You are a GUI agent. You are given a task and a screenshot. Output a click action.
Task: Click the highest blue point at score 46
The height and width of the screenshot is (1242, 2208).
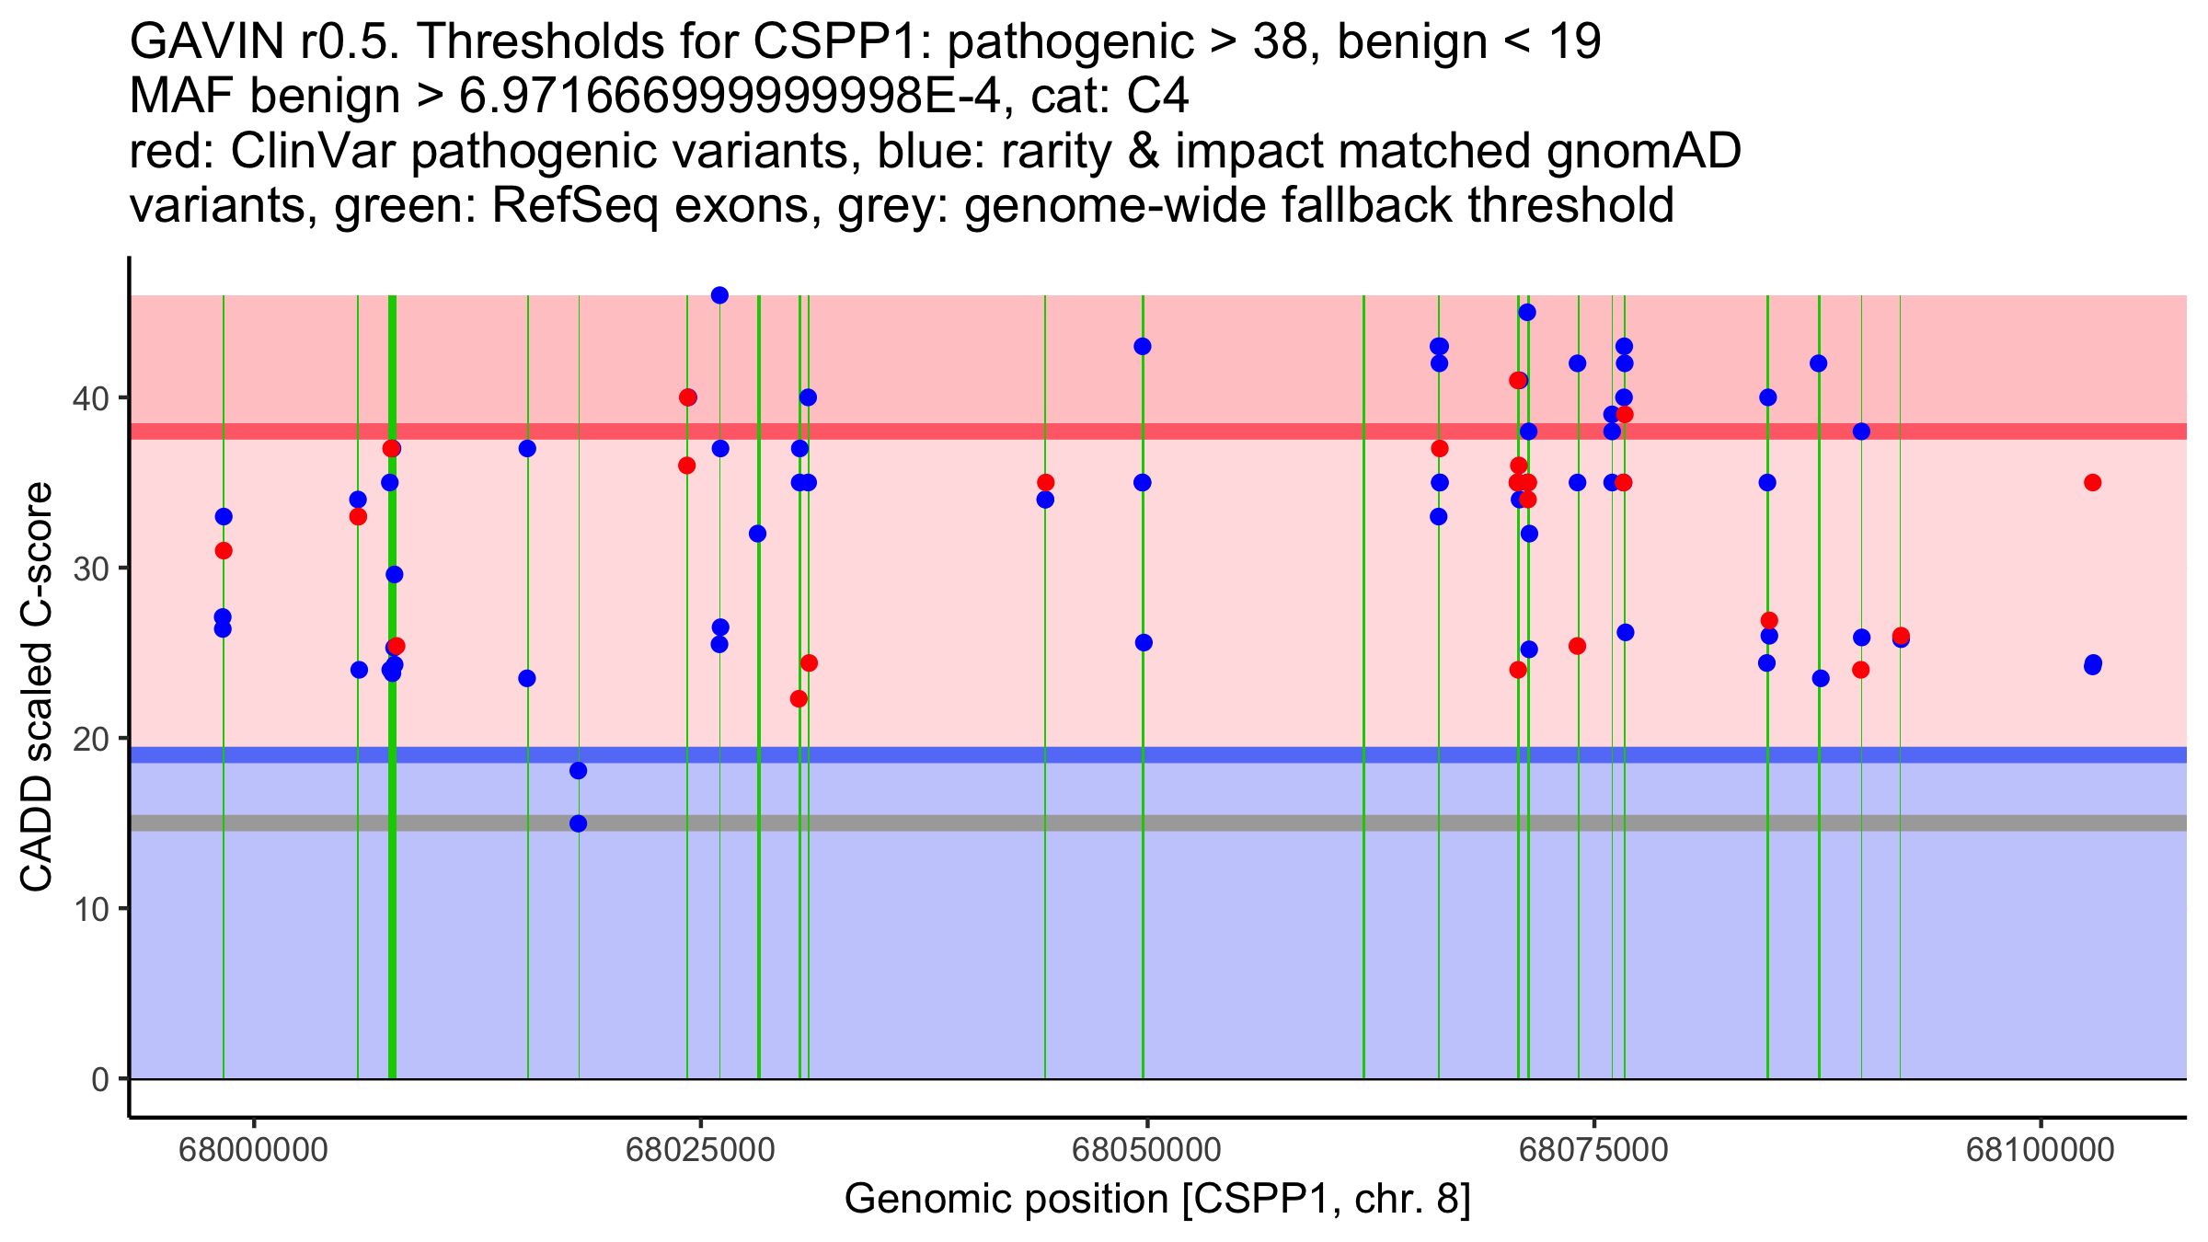[719, 295]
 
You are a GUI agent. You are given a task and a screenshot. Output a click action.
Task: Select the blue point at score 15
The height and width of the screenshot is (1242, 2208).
[578, 823]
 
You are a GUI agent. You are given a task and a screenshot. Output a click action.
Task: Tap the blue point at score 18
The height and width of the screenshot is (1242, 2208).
[578, 770]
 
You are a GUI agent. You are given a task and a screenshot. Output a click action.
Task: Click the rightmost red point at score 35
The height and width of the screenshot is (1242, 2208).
[2092, 482]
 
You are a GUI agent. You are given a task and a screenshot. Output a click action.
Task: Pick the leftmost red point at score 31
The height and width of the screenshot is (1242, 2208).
[224, 550]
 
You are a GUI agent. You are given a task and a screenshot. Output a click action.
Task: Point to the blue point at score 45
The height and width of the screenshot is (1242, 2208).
[1527, 312]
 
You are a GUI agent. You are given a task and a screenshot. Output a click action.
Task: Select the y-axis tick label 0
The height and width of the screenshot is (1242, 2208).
[100, 1079]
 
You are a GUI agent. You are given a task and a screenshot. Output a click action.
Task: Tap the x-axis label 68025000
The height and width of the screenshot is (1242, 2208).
[700, 1150]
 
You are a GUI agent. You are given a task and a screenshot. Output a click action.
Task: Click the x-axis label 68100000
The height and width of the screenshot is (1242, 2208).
[2041, 1150]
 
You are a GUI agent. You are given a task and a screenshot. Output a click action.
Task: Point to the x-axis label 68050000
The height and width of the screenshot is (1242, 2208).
[1147, 1150]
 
